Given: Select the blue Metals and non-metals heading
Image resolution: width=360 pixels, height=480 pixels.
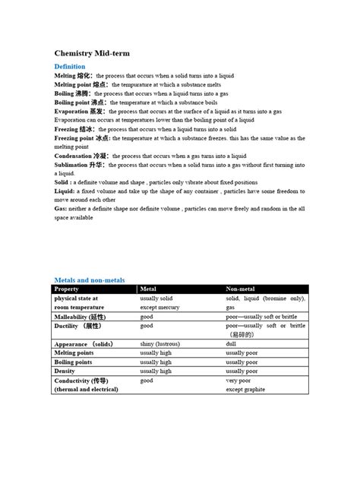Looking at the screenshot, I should [90, 280].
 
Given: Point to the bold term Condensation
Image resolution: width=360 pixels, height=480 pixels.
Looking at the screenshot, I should [75, 156].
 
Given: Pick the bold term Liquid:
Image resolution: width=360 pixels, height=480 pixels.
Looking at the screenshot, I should [65, 191].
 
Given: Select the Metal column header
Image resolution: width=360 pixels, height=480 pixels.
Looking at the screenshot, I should [149, 289].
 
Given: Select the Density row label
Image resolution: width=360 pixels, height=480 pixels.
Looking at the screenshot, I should [66, 371].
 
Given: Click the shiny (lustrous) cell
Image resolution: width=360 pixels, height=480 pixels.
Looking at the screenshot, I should [160, 344].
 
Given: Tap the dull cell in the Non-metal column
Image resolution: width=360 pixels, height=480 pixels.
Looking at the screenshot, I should [231, 344].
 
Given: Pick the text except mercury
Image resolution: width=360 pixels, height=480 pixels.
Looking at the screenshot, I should [160, 307].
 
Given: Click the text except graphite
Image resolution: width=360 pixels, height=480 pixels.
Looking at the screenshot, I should [245, 389].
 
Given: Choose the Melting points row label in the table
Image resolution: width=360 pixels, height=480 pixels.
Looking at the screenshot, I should [74, 353].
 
